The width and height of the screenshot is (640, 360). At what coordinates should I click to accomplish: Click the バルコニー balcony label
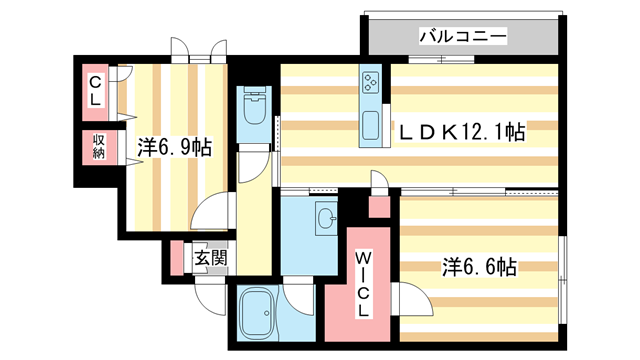click(x=462, y=37)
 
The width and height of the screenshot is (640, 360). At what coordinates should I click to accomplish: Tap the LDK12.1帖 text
click(x=461, y=131)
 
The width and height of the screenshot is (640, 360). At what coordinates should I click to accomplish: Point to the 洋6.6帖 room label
click(x=479, y=267)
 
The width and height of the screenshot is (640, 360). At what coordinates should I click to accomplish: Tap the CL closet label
click(x=95, y=91)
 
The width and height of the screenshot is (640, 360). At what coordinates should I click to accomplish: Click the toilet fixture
click(x=253, y=107)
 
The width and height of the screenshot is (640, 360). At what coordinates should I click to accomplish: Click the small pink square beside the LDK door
click(x=379, y=208)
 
